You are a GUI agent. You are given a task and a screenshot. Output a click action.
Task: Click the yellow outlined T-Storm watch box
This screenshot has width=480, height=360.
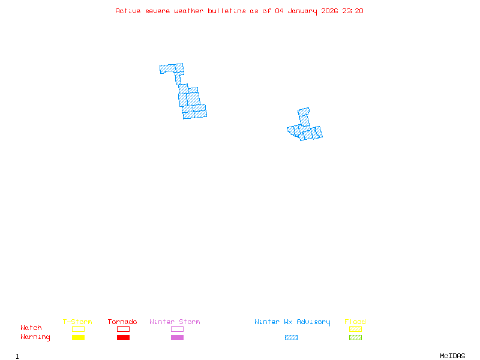point(78,329)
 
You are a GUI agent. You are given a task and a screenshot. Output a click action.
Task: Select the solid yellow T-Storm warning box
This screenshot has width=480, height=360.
point(78,337)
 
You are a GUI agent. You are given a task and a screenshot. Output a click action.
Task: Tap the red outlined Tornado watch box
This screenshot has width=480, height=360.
point(123,329)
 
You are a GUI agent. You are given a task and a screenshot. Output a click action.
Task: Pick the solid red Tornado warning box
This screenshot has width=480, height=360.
point(123,337)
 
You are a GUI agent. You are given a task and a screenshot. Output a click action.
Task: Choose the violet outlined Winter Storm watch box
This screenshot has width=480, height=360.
point(177,329)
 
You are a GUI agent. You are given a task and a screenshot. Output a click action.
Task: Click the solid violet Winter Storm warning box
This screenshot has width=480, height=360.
point(177,337)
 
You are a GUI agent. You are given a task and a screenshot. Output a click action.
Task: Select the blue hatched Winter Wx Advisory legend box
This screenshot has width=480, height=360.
point(291,337)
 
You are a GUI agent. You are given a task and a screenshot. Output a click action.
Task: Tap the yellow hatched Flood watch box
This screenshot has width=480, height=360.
point(355,329)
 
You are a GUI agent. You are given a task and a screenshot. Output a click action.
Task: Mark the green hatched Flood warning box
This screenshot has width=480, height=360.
point(355,337)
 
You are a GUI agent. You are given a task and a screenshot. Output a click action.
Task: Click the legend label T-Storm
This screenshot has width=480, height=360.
point(77,322)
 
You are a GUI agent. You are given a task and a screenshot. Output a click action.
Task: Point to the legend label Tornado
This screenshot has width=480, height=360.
point(122,322)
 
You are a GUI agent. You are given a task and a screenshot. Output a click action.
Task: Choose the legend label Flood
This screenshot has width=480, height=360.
point(355,322)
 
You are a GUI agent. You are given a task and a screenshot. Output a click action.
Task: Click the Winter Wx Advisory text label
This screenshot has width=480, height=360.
point(292,322)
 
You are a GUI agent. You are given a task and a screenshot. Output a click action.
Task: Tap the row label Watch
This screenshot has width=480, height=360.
point(31,328)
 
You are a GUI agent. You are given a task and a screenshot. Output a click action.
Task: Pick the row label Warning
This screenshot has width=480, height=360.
point(35,337)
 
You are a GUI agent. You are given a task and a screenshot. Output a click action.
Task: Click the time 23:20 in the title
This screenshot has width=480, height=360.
point(353,11)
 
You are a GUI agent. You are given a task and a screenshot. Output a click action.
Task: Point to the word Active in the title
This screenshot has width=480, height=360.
point(128,11)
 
